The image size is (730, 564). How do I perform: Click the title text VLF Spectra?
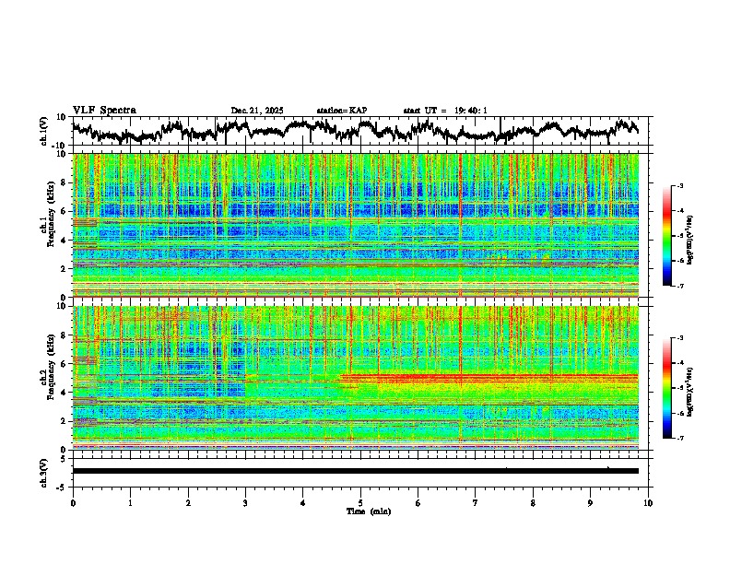(104, 111)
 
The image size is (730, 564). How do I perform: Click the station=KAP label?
(342, 111)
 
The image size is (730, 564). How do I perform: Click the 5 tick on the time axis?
(360, 502)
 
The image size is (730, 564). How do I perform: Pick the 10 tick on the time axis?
(648, 502)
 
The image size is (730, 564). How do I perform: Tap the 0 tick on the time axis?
(73, 502)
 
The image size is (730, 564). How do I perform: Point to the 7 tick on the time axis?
(476, 502)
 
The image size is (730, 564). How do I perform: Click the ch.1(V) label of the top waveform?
(45, 131)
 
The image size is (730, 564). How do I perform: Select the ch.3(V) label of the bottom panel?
(45, 471)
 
